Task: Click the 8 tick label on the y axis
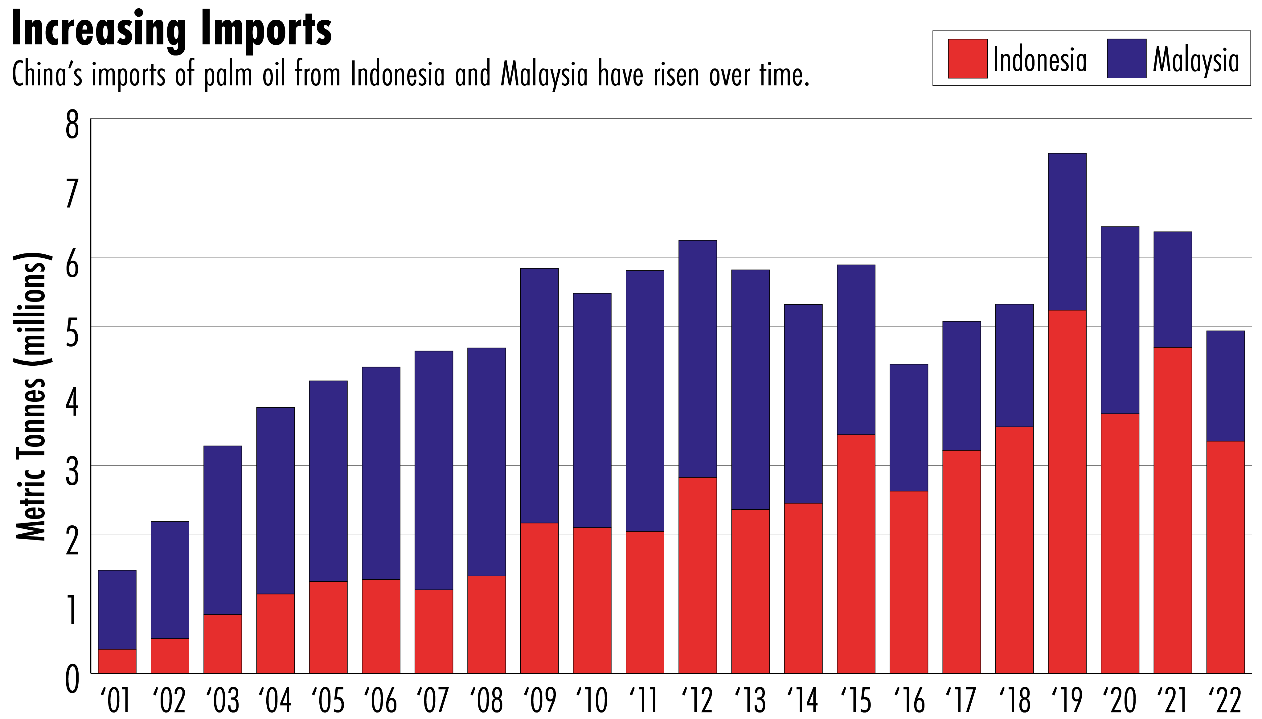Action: tap(72, 125)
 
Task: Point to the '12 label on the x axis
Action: tap(697, 700)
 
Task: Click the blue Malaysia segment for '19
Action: tap(1067, 232)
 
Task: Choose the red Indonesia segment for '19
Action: tap(1067, 491)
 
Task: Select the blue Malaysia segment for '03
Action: tap(223, 530)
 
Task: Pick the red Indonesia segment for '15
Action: tap(856, 553)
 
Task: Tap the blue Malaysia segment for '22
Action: tap(1225, 386)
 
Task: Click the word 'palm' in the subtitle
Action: tap(228, 75)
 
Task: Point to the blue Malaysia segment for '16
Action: tap(908, 428)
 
